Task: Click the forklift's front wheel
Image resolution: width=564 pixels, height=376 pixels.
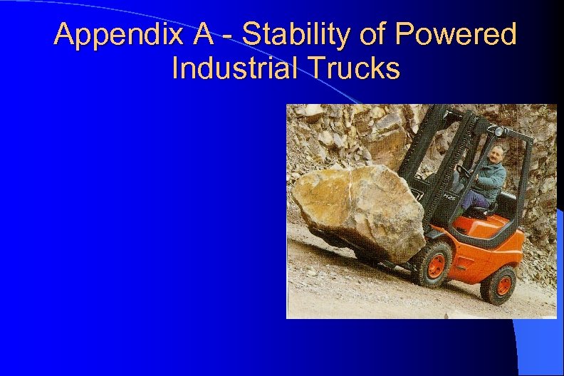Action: coord(434,263)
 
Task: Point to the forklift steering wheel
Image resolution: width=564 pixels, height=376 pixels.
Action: coord(465,173)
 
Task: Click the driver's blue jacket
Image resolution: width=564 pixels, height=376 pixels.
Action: coord(491,178)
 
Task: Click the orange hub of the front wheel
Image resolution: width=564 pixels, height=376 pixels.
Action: coord(436,264)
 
